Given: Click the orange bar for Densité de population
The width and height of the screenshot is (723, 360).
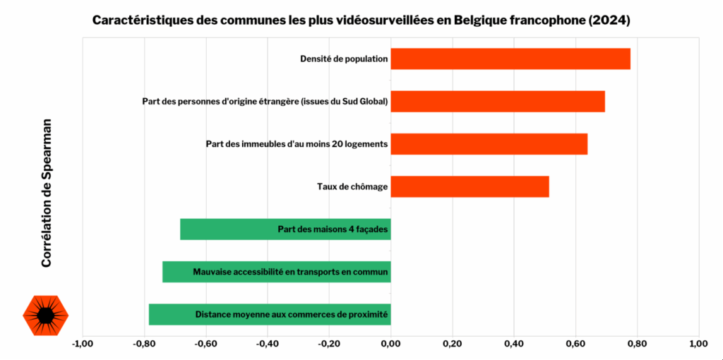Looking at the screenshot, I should (510, 59).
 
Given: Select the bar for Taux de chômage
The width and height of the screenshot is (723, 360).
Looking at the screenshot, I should (470, 186).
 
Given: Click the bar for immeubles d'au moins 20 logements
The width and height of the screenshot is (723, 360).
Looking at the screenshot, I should (489, 144).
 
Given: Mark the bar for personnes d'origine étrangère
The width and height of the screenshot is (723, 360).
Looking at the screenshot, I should (497, 102).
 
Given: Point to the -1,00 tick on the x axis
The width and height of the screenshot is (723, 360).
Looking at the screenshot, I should (83, 344).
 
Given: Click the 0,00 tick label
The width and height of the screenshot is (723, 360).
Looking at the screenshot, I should (390, 344).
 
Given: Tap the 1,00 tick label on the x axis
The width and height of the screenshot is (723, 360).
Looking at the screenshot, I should (698, 344).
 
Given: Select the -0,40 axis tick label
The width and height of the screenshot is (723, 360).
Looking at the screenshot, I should (268, 344).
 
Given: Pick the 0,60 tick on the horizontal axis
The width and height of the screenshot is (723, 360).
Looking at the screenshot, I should (575, 344).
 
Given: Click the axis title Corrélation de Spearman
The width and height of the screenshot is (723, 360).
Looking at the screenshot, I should (47, 193).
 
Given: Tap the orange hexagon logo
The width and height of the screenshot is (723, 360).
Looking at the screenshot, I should (46, 315).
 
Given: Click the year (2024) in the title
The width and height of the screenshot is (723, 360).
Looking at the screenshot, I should (608, 20).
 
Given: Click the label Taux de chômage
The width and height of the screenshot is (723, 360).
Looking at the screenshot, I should (352, 187).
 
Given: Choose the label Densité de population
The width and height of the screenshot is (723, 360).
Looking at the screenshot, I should (344, 59).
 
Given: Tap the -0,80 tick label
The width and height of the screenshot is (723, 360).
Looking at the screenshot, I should (144, 344).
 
